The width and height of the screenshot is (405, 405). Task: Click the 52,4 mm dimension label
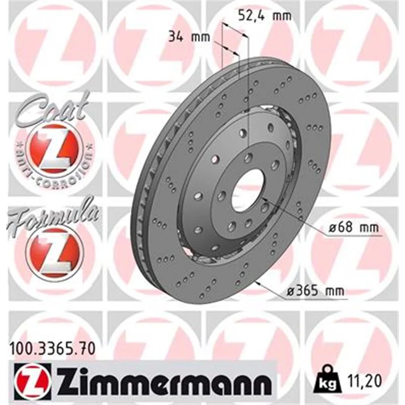tap(264, 16)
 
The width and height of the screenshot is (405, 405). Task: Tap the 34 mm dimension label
tap(189, 37)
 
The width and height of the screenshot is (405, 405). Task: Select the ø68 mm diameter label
tap(353, 227)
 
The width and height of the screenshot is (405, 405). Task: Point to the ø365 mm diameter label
tap(315, 291)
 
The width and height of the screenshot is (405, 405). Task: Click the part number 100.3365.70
tap(53, 349)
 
